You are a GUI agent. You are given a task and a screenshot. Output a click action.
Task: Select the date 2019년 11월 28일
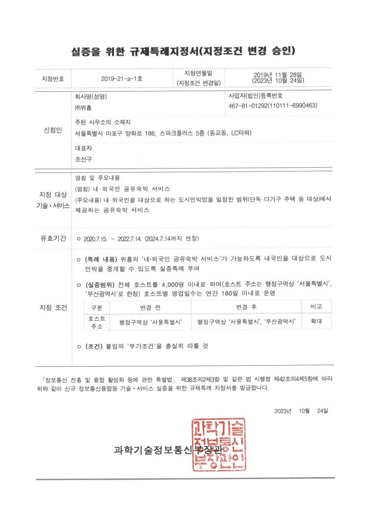point(278,75)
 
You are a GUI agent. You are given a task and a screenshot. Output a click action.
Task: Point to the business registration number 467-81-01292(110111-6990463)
point(273,106)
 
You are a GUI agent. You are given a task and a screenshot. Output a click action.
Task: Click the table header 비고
point(320,306)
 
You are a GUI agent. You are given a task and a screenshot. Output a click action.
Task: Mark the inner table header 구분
point(97,307)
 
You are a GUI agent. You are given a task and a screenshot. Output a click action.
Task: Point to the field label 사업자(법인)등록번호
point(255,96)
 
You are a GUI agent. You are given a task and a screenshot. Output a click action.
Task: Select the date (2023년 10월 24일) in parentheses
point(278,81)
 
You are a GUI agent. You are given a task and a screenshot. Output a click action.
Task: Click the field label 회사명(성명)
point(91,96)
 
